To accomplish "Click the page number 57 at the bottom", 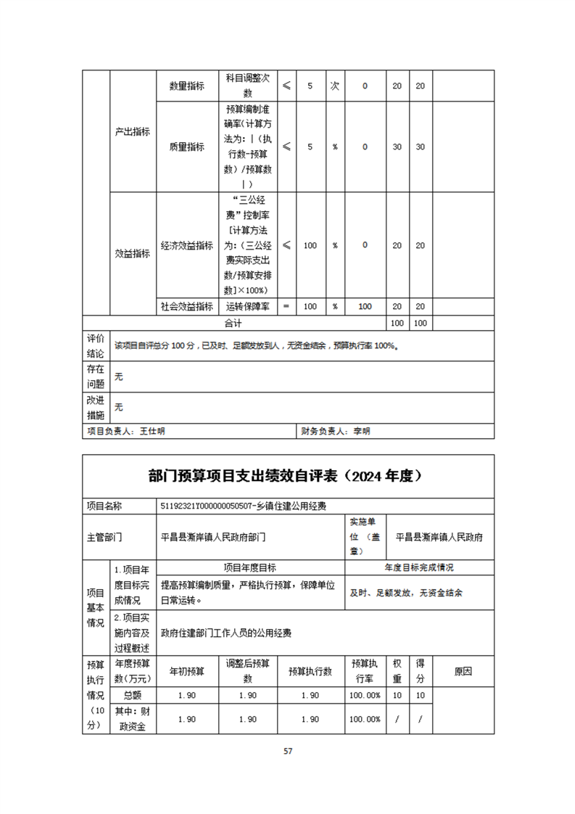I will pyautogui.click(x=288, y=751).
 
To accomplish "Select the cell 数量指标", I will pyautogui.click(x=186, y=86).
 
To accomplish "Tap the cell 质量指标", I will pyautogui.click(x=186, y=147).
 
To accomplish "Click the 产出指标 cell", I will pyautogui.click(x=133, y=131).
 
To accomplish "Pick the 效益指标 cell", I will pyautogui.click(x=133, y=253).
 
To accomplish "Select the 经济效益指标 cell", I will pyautogui.click(x=186, y=245).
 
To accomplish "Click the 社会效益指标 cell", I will pyautogui.click(x=186, y=306).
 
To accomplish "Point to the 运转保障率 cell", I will pyautogui.click(x=248, y=306).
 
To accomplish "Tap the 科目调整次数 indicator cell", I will pyautogui.click(x=248, y=86).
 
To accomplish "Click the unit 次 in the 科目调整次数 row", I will pyautogui.click(x=334, y=86).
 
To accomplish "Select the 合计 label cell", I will pyautogui.click(x=233, y=321).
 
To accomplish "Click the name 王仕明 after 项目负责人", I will pyautogui.click(x=152, y=431).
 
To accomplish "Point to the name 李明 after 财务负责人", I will pyautogui.click(x=361, y=431).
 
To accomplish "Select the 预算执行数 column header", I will pyautogui.click(x=310, y=672).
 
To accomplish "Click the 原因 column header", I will pyautogui.click(x=463, y=672).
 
